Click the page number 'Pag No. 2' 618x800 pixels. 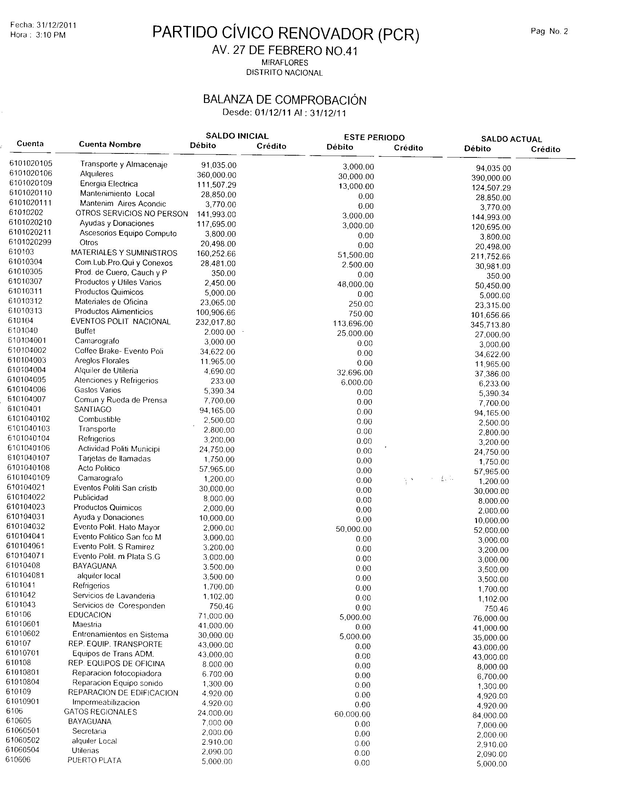(x=549, y=32)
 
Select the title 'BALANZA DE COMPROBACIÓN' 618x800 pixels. (x=285, y=100)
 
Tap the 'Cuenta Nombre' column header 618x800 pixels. (x=110, y=144)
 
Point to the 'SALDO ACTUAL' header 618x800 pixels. (x=511, y=139)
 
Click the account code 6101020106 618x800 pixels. (x=31, y=173)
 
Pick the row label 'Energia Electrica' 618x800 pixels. (x=109, y=184)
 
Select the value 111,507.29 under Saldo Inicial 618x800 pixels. (x=216, y=185)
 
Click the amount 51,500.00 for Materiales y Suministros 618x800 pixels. (x=355, y=255)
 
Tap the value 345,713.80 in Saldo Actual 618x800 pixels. (x=490, y=325)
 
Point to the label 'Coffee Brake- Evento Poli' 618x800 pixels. (x=119, y=351)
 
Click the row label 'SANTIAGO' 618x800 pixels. (x=93, y=409)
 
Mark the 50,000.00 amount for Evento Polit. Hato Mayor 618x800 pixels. (x=353, y=529)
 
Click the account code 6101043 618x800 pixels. (x=21, y=604)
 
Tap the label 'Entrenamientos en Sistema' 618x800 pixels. (x=120, y=635)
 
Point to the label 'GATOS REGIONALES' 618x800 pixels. (x=100, y=712)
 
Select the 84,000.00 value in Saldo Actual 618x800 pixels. (x=490, y=715)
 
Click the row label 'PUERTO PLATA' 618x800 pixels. (x=94, y=760)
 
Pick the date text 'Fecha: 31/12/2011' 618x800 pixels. (x=43, y=25)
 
